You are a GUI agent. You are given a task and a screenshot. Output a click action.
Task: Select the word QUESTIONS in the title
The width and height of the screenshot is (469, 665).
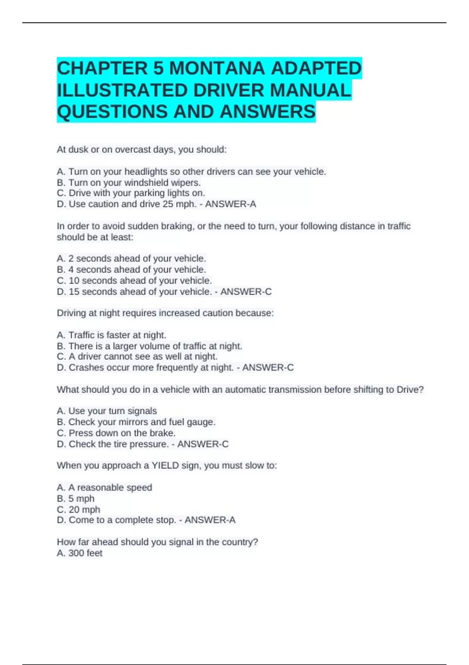click(112, 112)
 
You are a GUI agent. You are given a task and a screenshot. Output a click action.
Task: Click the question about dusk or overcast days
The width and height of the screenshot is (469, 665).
click(141, 150)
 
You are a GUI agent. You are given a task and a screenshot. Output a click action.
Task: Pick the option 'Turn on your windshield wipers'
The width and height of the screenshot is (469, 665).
click(129, 183)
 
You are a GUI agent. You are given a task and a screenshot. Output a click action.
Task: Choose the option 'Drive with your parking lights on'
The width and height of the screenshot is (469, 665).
click(131, 193)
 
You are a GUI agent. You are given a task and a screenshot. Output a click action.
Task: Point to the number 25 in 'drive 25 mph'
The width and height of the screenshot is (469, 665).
click(168, 204)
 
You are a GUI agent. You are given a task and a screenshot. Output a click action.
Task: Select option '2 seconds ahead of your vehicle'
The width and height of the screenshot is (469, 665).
click(131, 259)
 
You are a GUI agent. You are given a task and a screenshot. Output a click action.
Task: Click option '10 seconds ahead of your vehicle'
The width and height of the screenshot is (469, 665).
click(134, 281)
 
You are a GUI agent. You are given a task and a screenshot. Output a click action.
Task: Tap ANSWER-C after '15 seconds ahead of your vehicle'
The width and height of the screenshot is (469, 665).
click(246, 292)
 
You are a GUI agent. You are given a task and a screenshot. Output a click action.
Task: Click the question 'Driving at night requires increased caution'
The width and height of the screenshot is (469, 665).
click(165, 313)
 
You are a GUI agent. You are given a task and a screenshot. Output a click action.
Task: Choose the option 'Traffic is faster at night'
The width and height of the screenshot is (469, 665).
click(111, 335)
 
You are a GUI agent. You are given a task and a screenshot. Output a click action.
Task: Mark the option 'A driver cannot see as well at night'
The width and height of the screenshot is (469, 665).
click(137, 357)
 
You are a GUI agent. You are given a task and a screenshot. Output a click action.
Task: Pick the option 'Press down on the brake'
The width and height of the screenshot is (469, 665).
click(116, 433)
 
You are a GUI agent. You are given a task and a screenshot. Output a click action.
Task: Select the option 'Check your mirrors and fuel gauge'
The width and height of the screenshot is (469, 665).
click(136, 422)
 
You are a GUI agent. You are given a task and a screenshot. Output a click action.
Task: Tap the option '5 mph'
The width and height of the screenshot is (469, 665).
click(76, 499)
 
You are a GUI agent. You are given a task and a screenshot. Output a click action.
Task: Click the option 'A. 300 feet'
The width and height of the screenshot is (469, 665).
click(80, 554)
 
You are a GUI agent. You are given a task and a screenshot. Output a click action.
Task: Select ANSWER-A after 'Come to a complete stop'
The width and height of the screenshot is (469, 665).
click(210, 520)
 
